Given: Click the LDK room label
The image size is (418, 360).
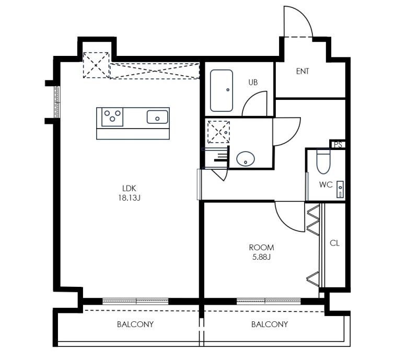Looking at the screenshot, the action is point(129,188).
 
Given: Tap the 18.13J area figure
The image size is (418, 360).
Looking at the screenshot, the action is point(129,198).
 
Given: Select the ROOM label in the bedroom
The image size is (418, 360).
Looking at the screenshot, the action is point(261,248).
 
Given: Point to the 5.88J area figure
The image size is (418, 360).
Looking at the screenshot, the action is point(262,257).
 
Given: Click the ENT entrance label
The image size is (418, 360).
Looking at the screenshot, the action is point(303,71).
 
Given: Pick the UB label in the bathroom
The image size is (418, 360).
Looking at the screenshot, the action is point(253,83).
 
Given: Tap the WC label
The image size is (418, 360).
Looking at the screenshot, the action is point(326,184).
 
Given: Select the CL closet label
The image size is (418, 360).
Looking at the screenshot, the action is point(334,243).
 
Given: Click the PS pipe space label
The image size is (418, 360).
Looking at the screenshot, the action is point(338,145).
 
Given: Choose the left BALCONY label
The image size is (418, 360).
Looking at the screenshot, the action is point(135,324).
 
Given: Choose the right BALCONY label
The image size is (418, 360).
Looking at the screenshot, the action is point(270,324).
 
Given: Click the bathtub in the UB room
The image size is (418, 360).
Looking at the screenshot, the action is point(222,91).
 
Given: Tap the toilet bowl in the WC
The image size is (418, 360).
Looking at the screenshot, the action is point(323,162).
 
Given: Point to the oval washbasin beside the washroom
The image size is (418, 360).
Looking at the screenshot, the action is point(246,159).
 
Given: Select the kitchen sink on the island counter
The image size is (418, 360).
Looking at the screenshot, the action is point(157,117).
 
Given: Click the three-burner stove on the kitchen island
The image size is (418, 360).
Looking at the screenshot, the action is point(112,117).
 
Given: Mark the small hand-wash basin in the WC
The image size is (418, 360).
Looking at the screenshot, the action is point(340,189).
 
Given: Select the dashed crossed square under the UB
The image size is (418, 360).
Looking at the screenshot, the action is point(218,132).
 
